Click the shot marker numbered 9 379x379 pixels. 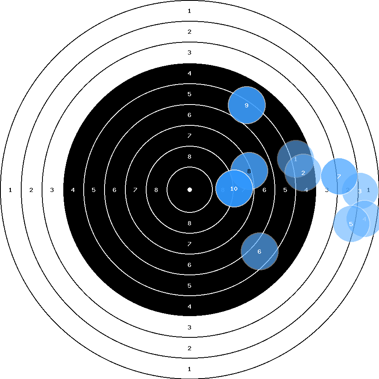(x=247, y=105)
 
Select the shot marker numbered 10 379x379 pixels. (x=234, y=189)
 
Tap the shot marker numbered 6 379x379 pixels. (x=259, y=252)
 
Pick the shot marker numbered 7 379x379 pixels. (x=339, y=177)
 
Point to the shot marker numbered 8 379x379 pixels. (x=249, y=171)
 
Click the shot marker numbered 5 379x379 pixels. (x=351, y=224)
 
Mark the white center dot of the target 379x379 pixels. (x=189, y=189)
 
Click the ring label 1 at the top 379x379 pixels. (x=189, y=11)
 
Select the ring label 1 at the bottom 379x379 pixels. (x=189, y=369)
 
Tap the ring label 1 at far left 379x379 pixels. (x=10, y=190)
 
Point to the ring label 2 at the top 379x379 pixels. (x=189, y=32)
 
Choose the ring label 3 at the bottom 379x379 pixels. (x=189, y=327)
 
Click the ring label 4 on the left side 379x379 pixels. (x=73, y=190)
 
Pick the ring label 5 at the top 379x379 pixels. (x=189, y=94)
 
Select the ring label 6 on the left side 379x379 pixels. (x=115, y=190)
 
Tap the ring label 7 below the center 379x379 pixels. (x=189, y=244)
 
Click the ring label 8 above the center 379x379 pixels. (x=189, y=157)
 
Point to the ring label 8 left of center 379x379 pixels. (x=156, y=190)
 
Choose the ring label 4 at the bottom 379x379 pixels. (x=189, y=307)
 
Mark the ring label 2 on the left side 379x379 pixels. (x=31, y=190)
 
